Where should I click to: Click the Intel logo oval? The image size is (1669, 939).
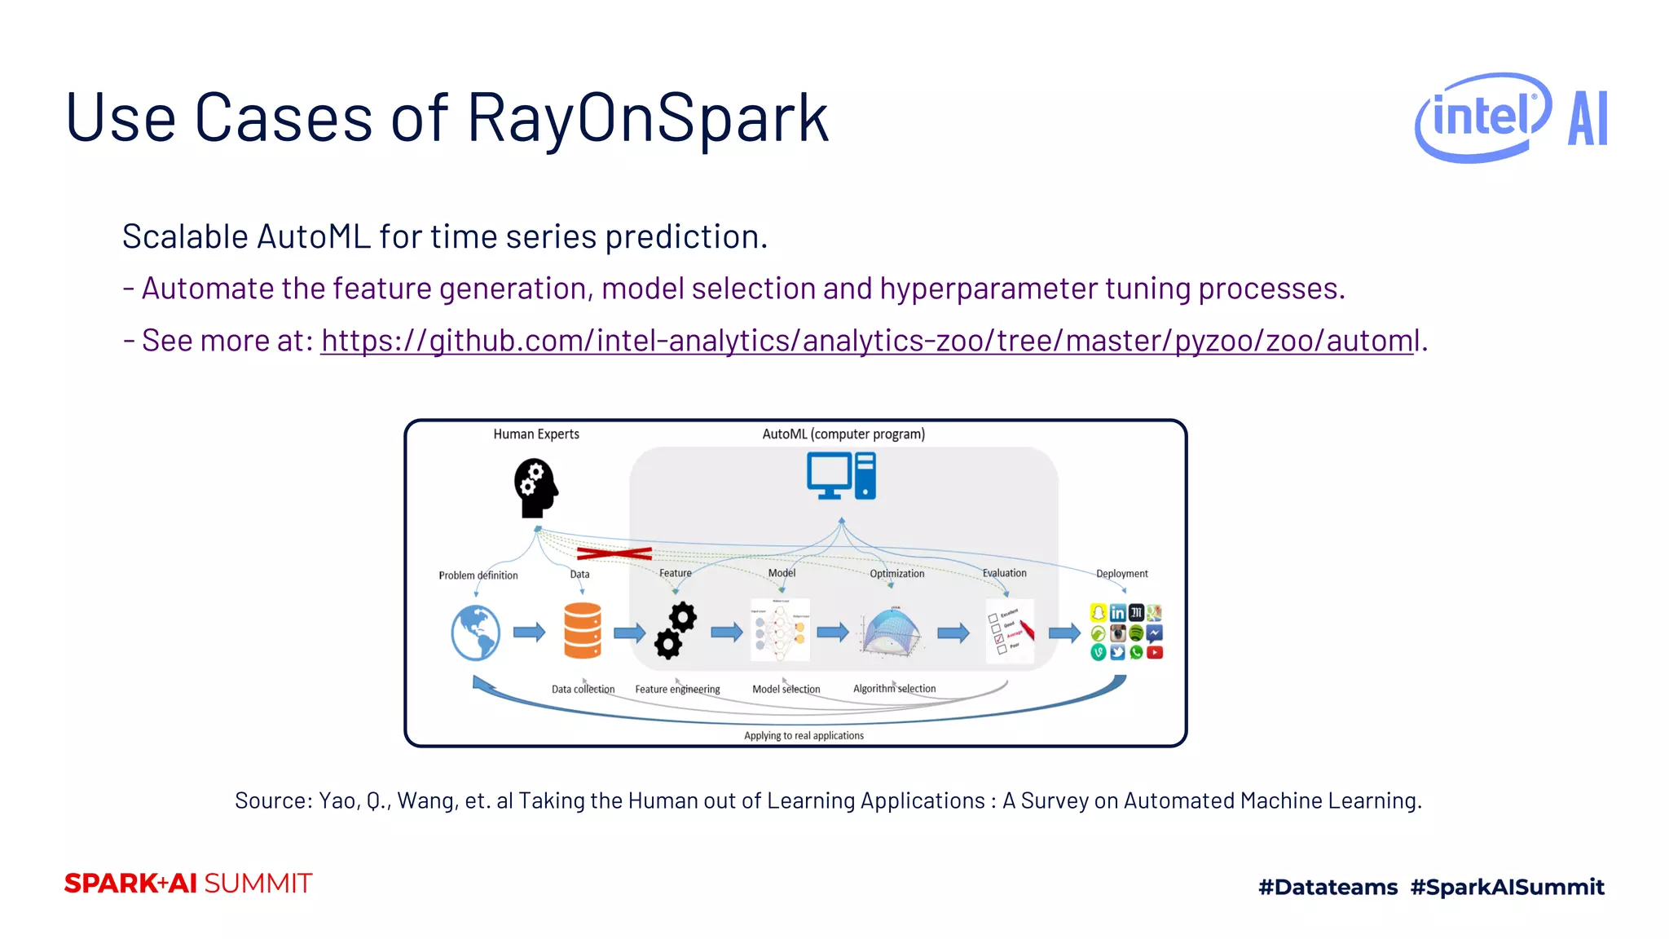(x=1482, y=117)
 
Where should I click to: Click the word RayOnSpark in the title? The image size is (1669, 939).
(x=648, y=118)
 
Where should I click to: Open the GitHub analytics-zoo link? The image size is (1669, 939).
(x=870, y=341)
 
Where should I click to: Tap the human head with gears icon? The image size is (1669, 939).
(x=535, y=487)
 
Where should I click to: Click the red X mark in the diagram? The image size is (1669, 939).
(x=614, y=554)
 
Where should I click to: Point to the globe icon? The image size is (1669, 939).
(x=476, y=633)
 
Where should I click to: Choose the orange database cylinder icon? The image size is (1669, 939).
(x=583, y=630)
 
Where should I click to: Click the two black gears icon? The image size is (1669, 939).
(x=676, y=631)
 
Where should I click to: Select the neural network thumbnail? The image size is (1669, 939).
(x=780, y=630)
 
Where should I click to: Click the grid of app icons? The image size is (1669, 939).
(x=1126, y=632)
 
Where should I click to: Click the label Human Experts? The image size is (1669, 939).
(x=536, y=434)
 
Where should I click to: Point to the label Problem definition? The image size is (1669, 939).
(x=478, y=575)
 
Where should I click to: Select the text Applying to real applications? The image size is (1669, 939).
(x=804, y=735)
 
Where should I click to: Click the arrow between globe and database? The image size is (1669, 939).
(x=529, y=632)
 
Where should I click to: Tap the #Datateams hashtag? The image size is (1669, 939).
(x=1328, y=887)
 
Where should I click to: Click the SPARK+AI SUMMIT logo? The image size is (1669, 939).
(x=188, y=884)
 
